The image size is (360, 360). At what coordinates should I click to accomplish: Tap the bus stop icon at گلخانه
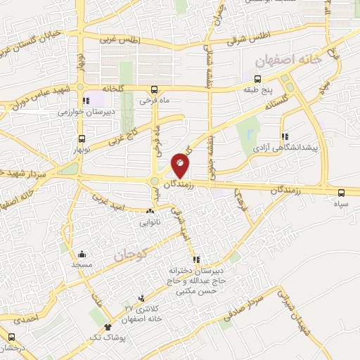coord(154,89)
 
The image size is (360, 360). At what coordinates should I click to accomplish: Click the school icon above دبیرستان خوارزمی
coord(86,101)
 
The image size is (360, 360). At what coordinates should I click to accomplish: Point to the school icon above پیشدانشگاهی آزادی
coord(285,137)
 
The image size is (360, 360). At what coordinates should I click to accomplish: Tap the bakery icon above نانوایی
coord(150,210)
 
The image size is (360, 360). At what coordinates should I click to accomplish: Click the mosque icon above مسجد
coord(82,254)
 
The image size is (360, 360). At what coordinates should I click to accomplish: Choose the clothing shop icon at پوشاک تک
coord(108,326)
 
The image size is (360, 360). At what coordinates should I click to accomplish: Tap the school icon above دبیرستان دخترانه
coord(197,259)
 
